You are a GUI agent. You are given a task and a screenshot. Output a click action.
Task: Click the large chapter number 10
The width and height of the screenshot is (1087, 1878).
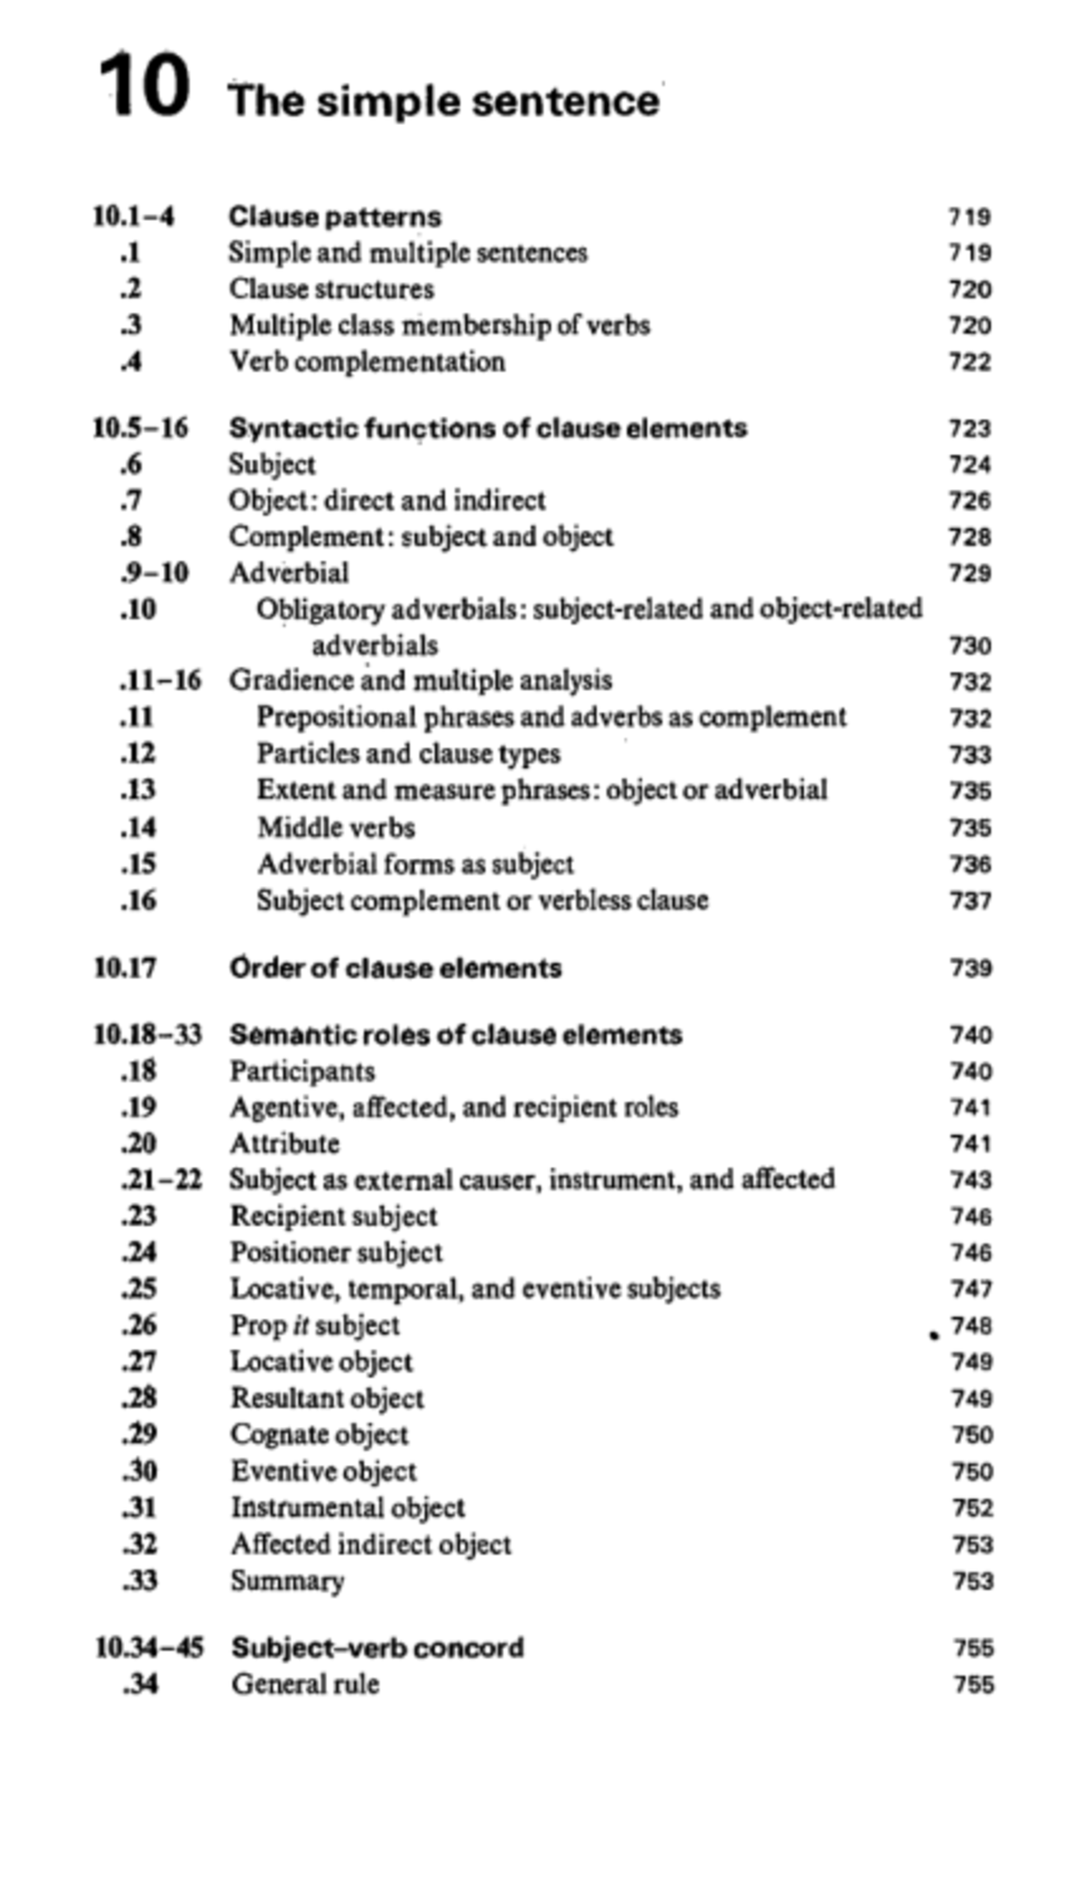144,87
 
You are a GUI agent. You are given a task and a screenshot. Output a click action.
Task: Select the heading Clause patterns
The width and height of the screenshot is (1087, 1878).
334,217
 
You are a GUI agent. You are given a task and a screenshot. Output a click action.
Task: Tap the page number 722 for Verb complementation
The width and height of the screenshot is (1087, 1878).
970,361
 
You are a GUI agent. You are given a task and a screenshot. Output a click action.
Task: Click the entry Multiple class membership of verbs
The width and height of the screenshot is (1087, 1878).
439,324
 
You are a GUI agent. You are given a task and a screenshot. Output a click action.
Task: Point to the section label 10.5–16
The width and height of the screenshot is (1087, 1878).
140,428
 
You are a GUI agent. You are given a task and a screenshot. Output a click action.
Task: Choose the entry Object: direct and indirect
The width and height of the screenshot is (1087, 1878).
387,500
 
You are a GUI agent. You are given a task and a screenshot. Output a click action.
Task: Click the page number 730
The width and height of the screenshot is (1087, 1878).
970,646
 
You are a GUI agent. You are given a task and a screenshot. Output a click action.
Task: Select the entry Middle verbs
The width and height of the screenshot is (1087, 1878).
336,827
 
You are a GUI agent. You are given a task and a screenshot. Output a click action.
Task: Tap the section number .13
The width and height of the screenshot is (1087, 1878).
138,790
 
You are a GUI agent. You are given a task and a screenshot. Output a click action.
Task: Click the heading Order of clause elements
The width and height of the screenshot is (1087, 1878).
395,968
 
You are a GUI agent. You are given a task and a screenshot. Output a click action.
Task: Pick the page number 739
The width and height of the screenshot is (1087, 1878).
971,968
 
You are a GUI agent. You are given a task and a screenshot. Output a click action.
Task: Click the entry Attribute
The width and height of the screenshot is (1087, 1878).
284,1143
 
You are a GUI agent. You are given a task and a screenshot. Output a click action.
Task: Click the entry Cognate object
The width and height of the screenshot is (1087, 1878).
319,1434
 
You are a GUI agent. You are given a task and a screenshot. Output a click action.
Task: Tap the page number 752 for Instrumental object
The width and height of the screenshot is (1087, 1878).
973,1507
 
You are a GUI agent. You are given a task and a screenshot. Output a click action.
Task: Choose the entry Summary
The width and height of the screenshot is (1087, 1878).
287,1580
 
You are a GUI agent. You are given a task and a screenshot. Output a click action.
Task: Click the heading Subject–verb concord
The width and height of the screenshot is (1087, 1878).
377,1647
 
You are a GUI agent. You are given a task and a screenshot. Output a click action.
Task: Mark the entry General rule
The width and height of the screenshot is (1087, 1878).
305,1683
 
